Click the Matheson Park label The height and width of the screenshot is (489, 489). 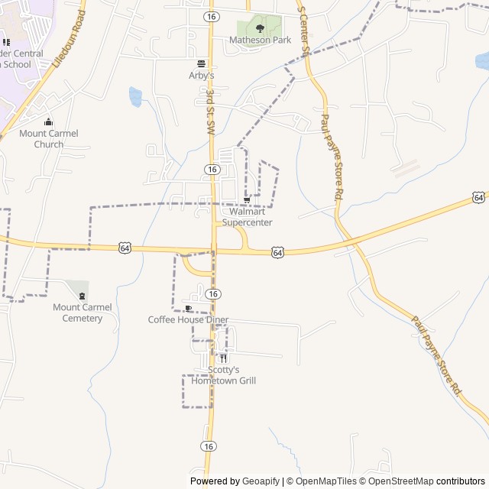pos(260,40)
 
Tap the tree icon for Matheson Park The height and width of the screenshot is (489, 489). pos(260,28)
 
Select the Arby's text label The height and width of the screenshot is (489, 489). pos(201,75)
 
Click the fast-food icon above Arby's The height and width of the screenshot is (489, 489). pos(201,63)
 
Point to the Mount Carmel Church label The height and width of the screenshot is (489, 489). pos(49,138)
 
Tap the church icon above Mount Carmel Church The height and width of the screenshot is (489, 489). pos(48,122)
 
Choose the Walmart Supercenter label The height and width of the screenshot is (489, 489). pos(247,217)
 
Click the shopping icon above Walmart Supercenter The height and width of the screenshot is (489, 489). pos(246,200)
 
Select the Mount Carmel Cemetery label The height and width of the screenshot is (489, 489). pos(83,313)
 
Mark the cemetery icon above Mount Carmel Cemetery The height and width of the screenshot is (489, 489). pos(82,296)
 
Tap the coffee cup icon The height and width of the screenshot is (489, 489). pos(188,309)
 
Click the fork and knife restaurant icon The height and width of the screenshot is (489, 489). pos(223,358)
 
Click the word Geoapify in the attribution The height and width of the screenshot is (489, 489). pos(261,481)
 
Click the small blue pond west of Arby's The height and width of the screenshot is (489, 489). pos(135,96)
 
